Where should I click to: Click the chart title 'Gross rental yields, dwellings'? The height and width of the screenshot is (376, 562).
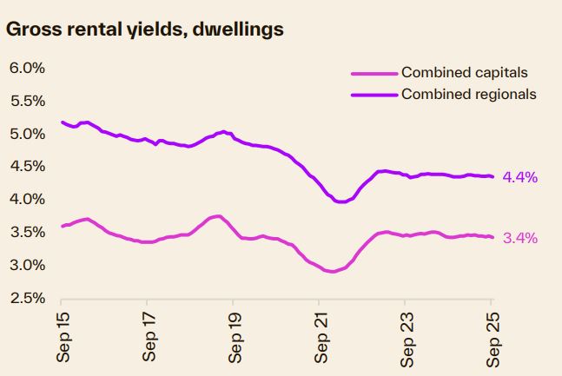pos(144,30)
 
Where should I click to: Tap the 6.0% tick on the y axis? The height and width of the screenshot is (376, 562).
pos(27,69)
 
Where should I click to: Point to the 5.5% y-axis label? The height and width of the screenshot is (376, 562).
pos(27,101)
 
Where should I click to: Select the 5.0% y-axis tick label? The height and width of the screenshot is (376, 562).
pos(27,134)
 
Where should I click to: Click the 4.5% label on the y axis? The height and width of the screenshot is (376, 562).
pos(27,167)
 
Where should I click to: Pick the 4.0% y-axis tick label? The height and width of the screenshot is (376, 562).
pos(27,200)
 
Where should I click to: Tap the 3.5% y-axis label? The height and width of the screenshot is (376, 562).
pos(27,232)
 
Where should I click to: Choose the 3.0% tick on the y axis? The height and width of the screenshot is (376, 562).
pos(27,265)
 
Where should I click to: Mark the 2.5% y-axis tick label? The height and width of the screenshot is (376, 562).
pos(27,298)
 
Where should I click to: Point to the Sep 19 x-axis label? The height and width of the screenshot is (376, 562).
pos(235,335)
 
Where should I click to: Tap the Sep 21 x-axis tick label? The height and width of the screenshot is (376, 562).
pos(321,335)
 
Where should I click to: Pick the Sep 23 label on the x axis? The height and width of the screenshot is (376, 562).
pos(406,335)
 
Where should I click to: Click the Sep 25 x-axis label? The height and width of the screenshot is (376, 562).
pos(491,335)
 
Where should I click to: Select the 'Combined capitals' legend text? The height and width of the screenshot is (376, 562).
pos(464,73)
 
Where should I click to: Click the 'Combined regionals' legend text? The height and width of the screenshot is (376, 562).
pos(468,94)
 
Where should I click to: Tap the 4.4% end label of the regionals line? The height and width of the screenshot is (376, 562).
pos(521,177)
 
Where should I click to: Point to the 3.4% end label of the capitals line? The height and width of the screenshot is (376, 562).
pos(521,237)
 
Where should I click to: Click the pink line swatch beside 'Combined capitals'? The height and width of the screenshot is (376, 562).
pos(374,73)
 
